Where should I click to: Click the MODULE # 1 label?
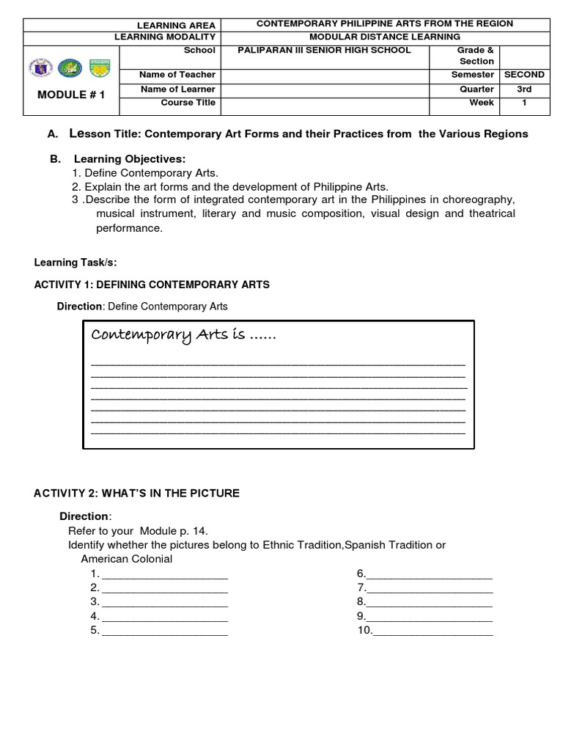(70, 95)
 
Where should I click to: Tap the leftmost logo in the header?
(40, 68)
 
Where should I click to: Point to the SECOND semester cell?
(524, 75)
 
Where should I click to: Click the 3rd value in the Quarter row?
(524, 89)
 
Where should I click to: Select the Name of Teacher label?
(177, 75)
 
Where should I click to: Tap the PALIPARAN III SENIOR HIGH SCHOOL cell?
(325, 50)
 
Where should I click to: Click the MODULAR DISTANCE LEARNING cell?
(384, 37)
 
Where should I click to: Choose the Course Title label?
(188, 103)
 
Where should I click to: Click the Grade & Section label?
(476, 56)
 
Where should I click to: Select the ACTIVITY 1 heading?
(152, 285)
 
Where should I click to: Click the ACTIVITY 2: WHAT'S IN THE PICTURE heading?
(136, 494)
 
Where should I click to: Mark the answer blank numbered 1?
(164, 574)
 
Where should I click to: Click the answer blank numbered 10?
(433, 631)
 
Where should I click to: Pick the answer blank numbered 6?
(429, 574)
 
